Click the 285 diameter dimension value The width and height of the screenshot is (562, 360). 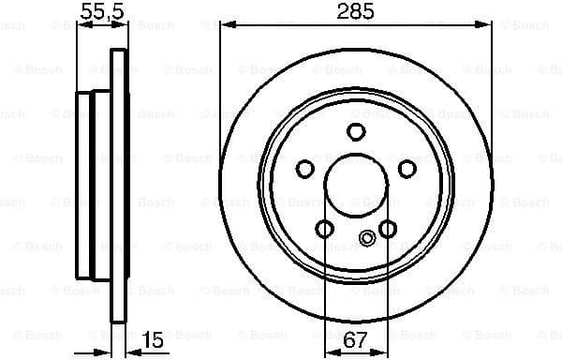click(356, 12)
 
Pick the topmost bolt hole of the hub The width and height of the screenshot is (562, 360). click(356, 131)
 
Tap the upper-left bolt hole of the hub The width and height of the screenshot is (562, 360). click(305, 168)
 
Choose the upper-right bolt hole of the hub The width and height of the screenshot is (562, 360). click(407, 168)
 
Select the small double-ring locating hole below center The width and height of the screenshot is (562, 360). click(366, 239)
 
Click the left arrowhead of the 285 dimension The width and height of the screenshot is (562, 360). click(225, 24)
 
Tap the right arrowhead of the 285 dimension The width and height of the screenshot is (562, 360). click(488, 24)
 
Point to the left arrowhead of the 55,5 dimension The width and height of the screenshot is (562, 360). click(80, 24)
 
